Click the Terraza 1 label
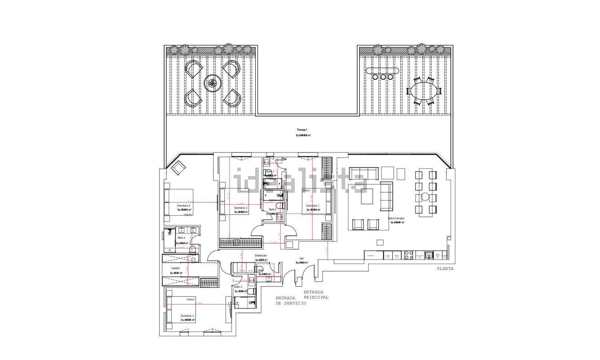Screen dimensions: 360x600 tap(302, 130)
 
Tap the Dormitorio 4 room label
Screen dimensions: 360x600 tap(178, 205)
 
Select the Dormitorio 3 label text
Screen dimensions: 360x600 tap(187, 316)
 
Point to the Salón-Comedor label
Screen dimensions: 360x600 tap(396, 218)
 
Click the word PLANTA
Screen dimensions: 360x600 tap(445, 269)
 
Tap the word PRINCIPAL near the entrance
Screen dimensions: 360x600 tap(316, 297)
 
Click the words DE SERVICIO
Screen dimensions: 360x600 tap(291, 304)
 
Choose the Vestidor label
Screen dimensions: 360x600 tap(176, 268)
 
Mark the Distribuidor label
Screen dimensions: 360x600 tap(261, 255)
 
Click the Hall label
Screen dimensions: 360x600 tap(302, 258)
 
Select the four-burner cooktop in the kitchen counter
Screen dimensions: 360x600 tap(408, 255)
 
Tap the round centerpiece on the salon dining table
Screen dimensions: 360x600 tap(425, 196)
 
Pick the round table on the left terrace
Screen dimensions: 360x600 tap(212, 84)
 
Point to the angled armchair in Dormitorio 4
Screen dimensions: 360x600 tap(177, 168)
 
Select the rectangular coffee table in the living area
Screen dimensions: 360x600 tap(366, 198)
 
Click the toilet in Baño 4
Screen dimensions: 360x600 tap(192, 250)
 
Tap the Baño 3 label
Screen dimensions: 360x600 tap(238, 287)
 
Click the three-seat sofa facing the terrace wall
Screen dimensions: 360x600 tap(364, 174)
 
